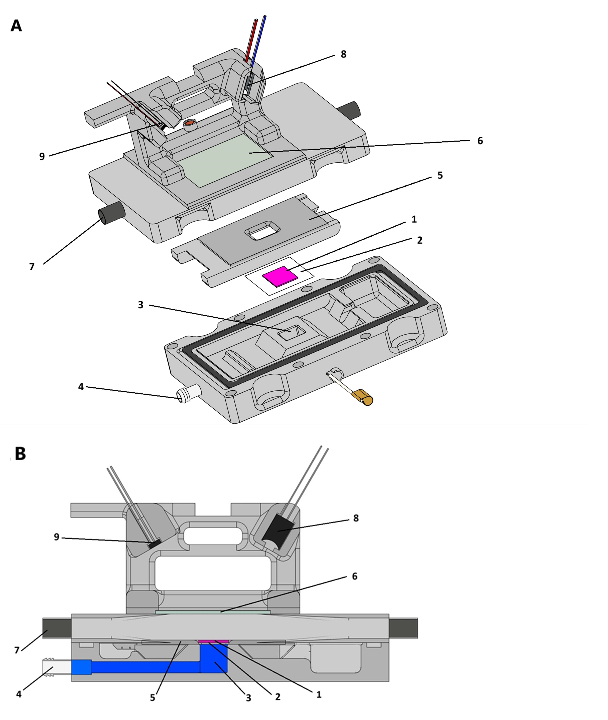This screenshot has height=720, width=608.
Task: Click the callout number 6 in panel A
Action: pyautogui.click(x=480, y=141)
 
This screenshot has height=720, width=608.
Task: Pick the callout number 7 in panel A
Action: pyautogui.click(x=32, y=267)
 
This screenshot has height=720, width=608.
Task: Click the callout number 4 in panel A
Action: pyautogui.click(x=81, y=387)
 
